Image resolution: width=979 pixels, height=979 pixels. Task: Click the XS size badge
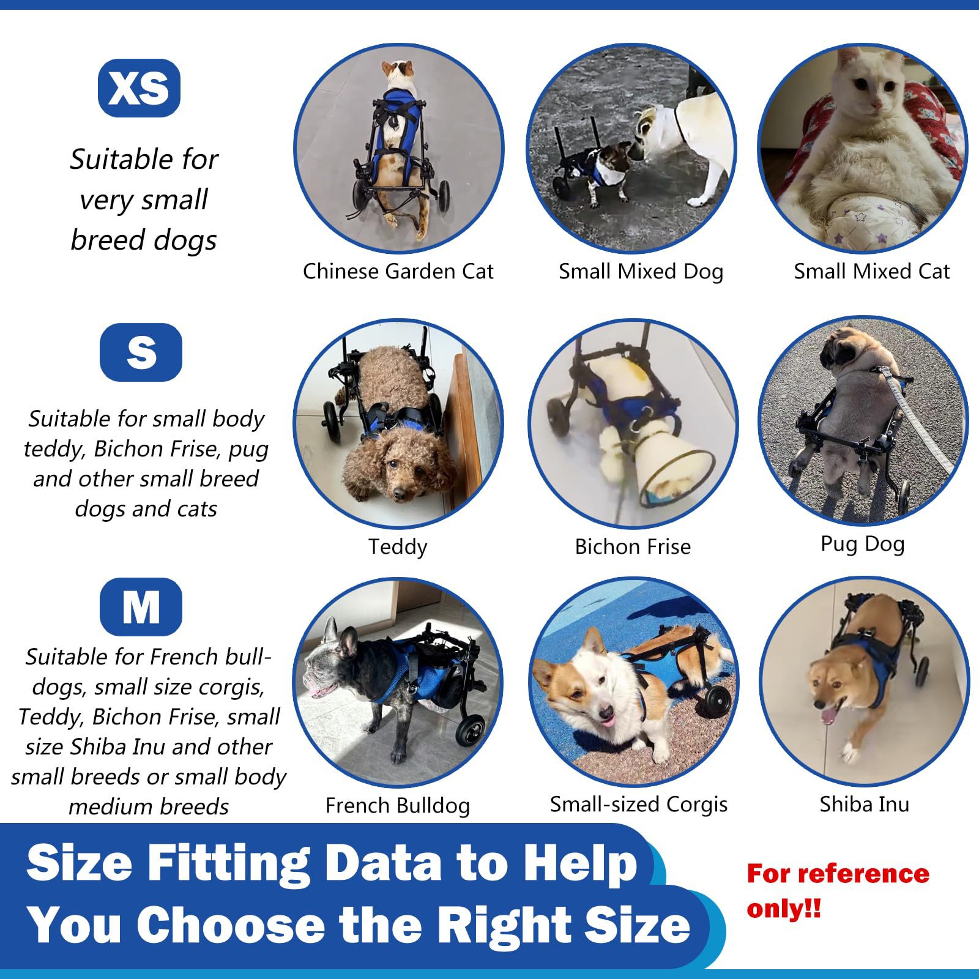pos(139,88)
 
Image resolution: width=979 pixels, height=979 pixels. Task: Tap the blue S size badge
pos(141,352)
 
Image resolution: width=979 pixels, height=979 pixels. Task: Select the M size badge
pos(141,607)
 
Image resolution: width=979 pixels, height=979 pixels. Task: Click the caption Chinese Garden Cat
pos(398,271)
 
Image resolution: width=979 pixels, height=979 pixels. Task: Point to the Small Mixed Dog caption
pos(641,271)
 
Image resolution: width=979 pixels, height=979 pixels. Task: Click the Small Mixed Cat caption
pos(871,271)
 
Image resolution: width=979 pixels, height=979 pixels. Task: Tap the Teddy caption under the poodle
pos(398,546)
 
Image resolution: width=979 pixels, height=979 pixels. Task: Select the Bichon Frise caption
pos(633,546)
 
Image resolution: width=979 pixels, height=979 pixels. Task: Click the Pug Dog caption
pos(862,543)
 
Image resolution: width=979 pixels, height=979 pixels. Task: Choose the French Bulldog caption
pos(398,805)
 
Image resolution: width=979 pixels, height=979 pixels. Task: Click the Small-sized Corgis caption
pos(639,804)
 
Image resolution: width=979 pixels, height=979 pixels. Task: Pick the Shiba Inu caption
pos(864,804)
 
